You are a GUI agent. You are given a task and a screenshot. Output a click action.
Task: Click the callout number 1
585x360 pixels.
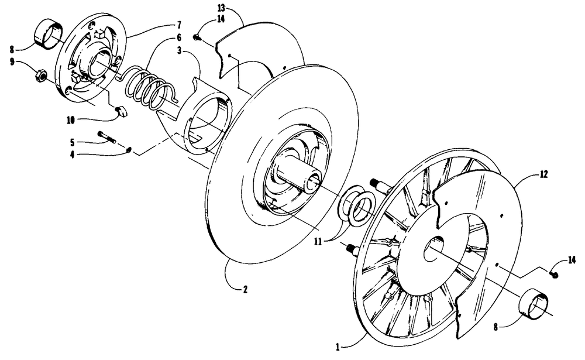point(338,347)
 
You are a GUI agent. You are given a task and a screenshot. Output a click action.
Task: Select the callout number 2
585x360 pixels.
point(245,289)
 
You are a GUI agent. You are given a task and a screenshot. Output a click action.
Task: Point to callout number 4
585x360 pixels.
point(72,154)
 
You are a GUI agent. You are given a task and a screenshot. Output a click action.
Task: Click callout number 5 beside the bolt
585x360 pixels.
point(72,142)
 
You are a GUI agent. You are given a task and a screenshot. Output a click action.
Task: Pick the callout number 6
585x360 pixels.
point(179,37)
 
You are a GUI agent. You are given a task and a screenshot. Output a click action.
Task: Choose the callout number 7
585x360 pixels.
point(179,25)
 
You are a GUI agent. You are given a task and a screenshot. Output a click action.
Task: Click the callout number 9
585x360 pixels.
point(12,61)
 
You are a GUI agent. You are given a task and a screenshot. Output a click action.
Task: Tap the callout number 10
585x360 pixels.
point(71,120)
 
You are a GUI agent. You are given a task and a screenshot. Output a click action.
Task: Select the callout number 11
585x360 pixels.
point(318,242)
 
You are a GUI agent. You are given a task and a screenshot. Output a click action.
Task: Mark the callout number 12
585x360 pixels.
point(543,174)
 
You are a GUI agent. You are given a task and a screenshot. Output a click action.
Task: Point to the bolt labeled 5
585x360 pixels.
point(107,137)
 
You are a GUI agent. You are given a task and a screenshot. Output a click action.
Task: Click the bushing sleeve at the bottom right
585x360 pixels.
point(534,301)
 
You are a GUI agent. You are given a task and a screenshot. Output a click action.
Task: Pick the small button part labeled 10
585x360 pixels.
point(121,111)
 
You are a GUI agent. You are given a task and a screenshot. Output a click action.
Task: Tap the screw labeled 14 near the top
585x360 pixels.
point(197,37)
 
